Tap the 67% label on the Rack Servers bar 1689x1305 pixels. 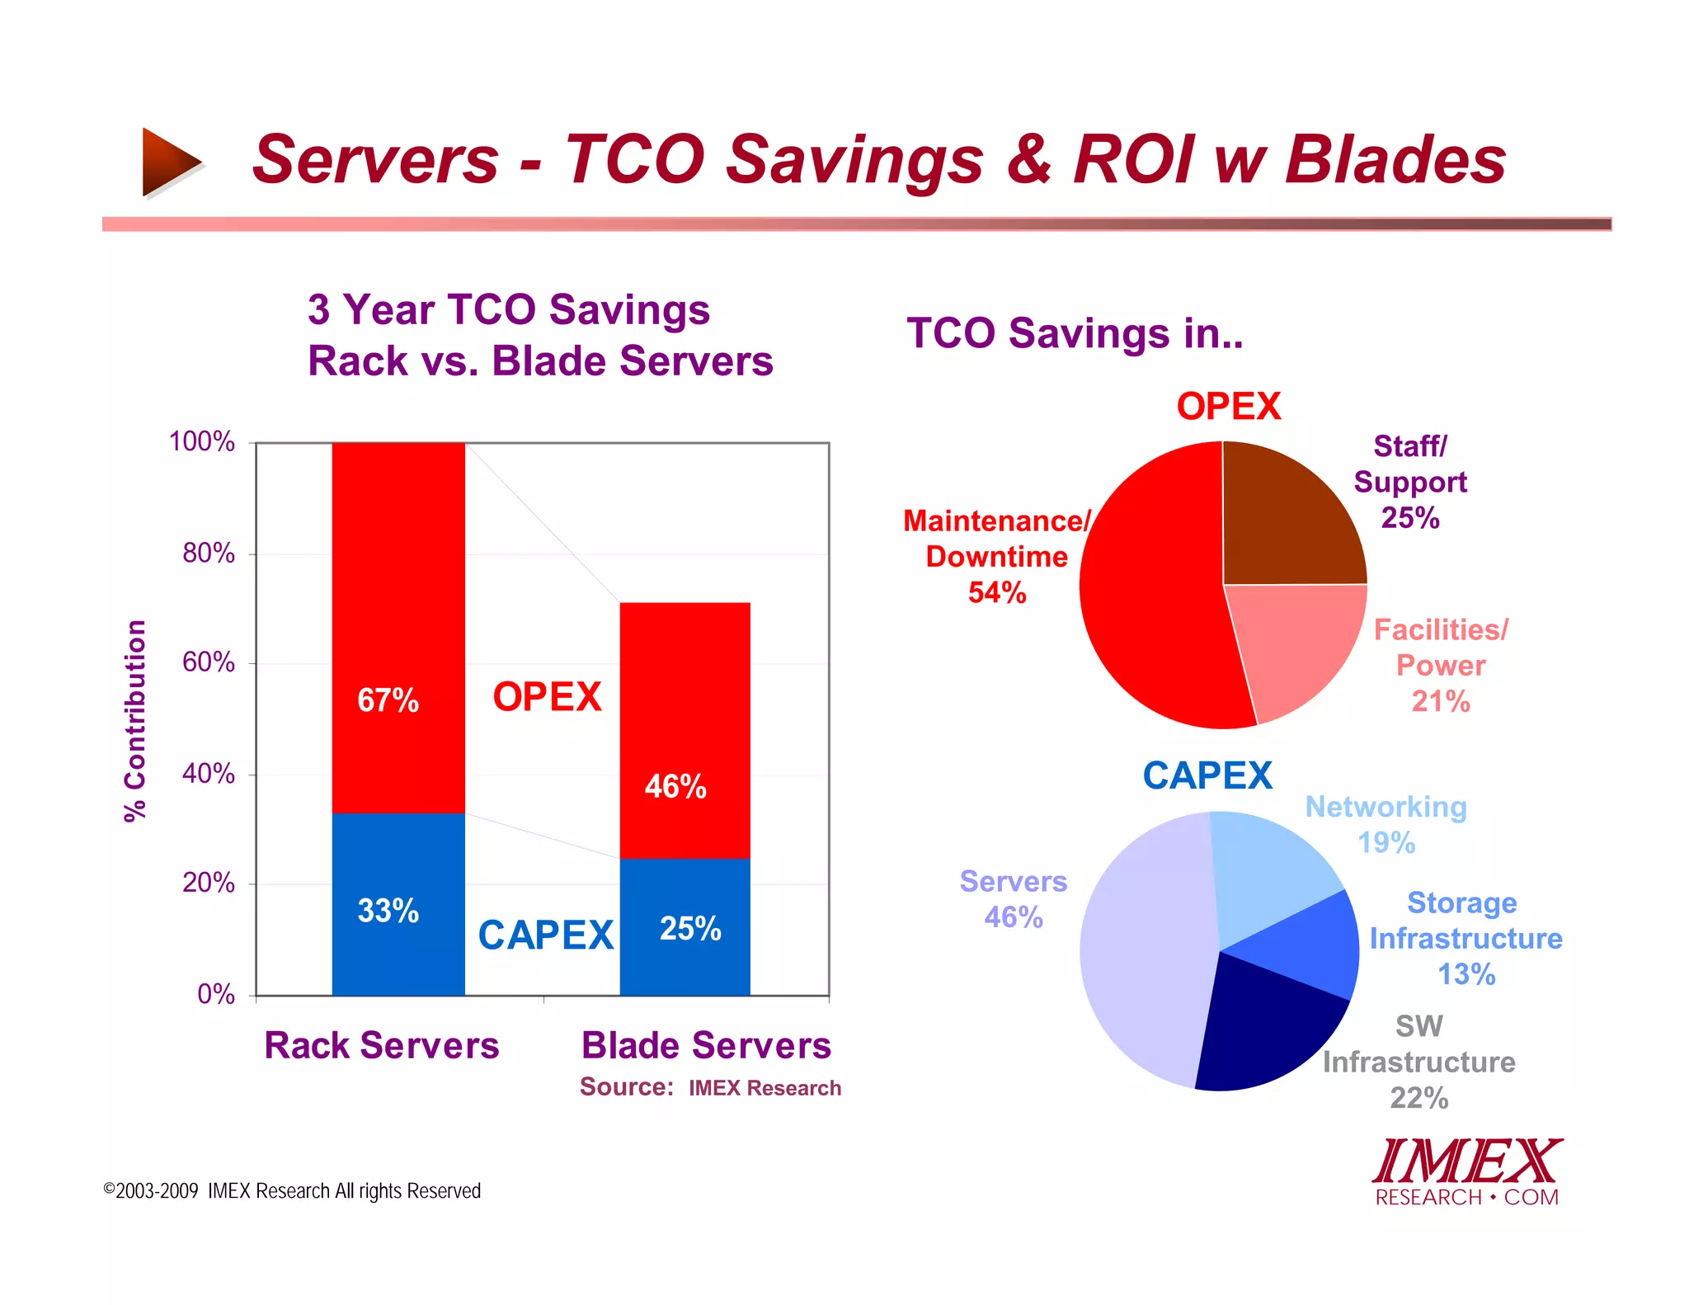click(x=388, y=700)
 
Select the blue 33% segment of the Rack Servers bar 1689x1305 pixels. click(x=398, y=949)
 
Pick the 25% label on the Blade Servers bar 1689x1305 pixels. click(x=690, y=929)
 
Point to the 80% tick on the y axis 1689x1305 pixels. click(x=208, y=553)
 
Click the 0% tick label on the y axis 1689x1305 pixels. click(x=215, y=994)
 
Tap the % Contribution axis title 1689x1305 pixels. click(x=135, y=721)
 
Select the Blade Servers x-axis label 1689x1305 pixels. click(x=706, y=1045)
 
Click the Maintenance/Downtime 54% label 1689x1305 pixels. click(x=996, y=557)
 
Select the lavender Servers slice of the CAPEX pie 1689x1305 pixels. click(x=1146, y=949)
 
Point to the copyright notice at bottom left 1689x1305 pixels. click(x=292, y=1190)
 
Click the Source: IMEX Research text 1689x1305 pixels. click(x=710, y=1087)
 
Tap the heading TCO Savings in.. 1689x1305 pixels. click(x=1075, y=333)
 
